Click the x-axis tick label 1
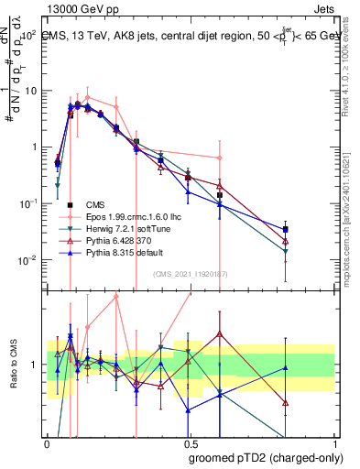click(334, 442)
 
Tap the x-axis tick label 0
click(47, 442)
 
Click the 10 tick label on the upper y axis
click(30, 91)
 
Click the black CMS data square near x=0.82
click(286, 229)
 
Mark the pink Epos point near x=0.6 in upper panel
click(220, 158)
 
